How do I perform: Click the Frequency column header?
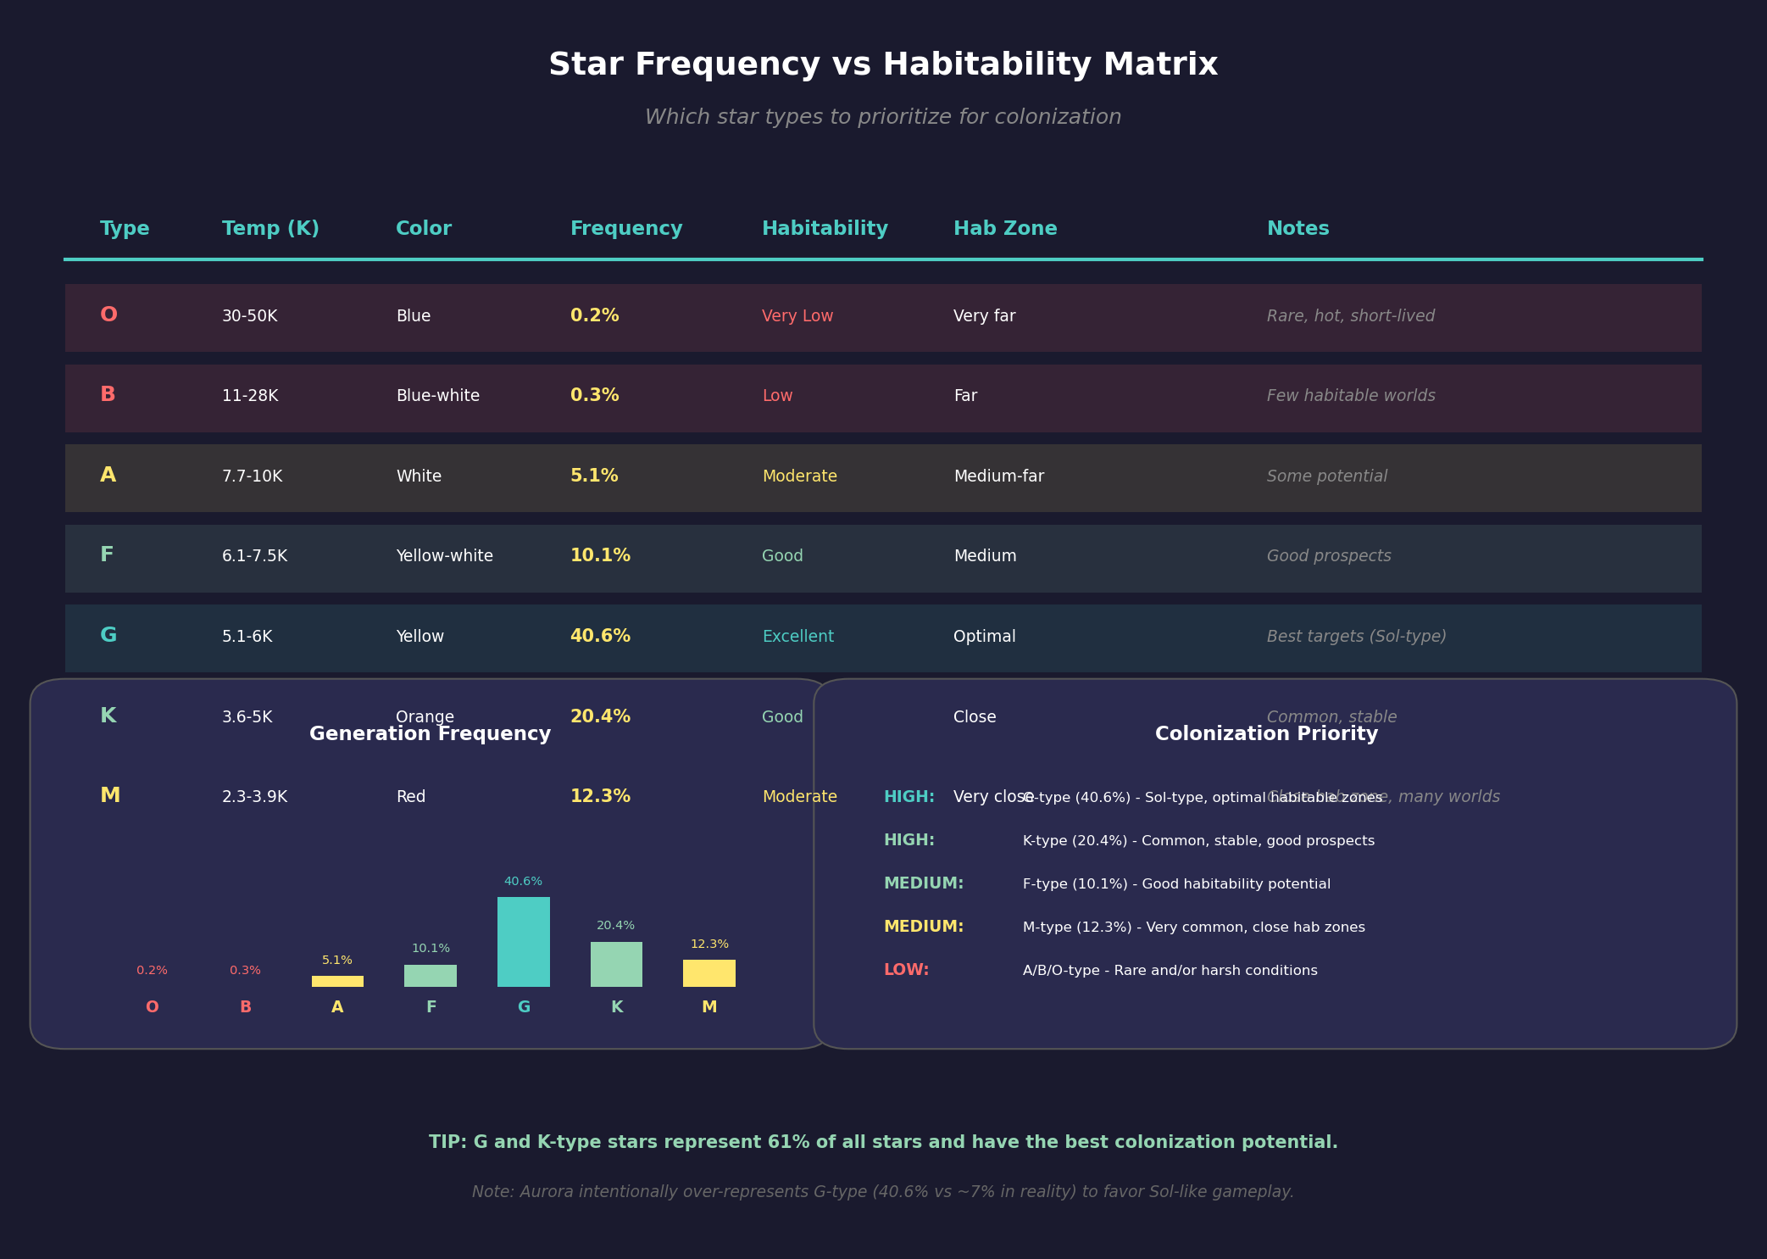(625, 229)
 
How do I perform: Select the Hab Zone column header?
(1004, 229)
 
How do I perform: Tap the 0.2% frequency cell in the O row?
(594, 316)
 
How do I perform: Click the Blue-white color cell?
(437, 396)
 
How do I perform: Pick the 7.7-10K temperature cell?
(252, 476)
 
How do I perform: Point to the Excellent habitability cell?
(797, 637)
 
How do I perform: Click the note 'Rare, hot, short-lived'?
(1350, 316)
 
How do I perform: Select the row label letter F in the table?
(107, 555)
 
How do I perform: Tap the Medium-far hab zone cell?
(998, 476)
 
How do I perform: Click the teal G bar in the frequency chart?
(523, 942)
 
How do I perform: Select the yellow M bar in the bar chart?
(708, 973)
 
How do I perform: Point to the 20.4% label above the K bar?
(615, 926)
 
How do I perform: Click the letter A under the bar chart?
(337, 1007)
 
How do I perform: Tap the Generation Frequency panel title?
(430, 734)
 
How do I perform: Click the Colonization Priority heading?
(1266, 734)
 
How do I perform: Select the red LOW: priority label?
(906, 970)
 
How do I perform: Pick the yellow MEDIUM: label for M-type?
(923, 927)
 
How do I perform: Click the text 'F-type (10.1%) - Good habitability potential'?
(1176, 884)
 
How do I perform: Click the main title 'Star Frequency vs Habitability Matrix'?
(883, 65)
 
